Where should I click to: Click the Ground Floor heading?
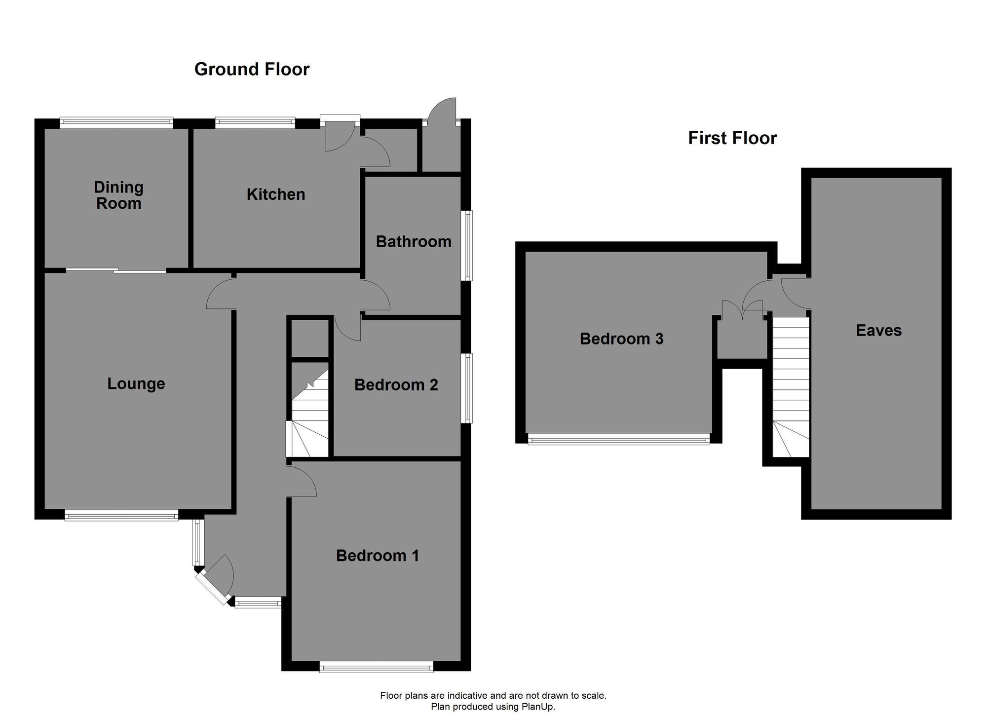tap(252, 69)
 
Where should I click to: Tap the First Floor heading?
tap(732, 138)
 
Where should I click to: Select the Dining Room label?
tap(118, 195)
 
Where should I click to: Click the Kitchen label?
tap(276, 194)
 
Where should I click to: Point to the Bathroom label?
tap(414, 241)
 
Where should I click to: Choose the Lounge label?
tap(136, 384)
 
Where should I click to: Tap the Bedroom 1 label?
tap(378, 556)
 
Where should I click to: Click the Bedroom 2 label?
tap(396, 385)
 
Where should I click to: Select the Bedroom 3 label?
tap(621, 339)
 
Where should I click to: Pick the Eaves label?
tap(879, 331)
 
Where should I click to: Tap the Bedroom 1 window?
tap(377, 667)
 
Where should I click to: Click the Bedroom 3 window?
tap(619, 439)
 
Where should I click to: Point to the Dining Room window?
tap(116, 122)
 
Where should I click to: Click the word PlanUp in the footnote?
tap(538, 707)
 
